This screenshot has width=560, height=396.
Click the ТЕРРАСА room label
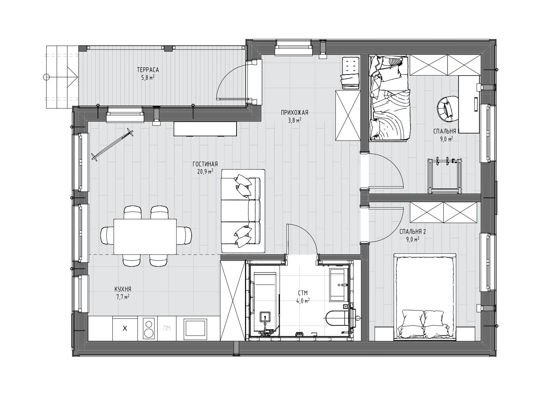148,70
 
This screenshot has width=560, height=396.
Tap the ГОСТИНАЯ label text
205,164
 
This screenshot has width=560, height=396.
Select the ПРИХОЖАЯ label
294,113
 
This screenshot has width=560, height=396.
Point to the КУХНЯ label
123,289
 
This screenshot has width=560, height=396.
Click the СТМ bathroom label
303,293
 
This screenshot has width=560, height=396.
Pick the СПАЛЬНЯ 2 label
413,232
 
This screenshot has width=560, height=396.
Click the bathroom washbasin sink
339,285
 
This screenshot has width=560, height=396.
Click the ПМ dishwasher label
167,328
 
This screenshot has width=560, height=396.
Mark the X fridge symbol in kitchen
125,328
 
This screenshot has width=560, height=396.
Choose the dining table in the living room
145,237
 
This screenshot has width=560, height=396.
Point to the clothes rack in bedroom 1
445,176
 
